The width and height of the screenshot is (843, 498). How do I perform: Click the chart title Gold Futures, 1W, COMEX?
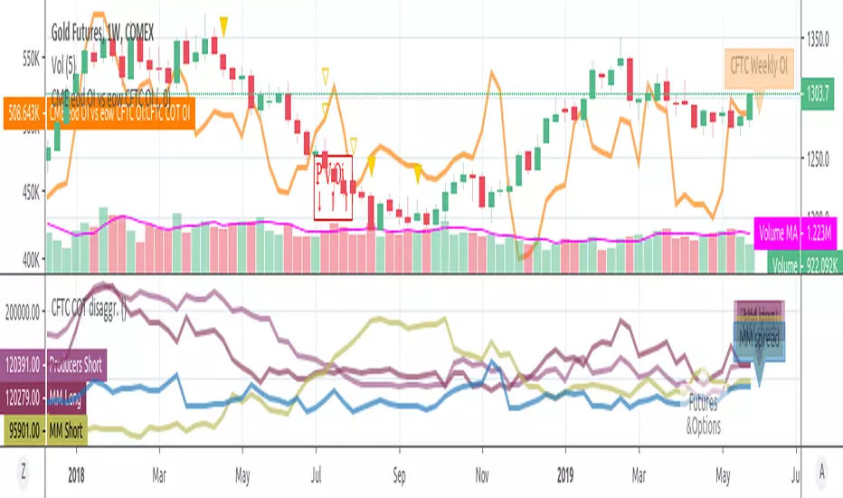point(102,33)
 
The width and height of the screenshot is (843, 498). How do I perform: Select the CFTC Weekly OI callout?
point(758,65)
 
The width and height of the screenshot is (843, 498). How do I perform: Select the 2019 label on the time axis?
point(564,472)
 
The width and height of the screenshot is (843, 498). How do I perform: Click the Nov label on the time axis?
point(481,472)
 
